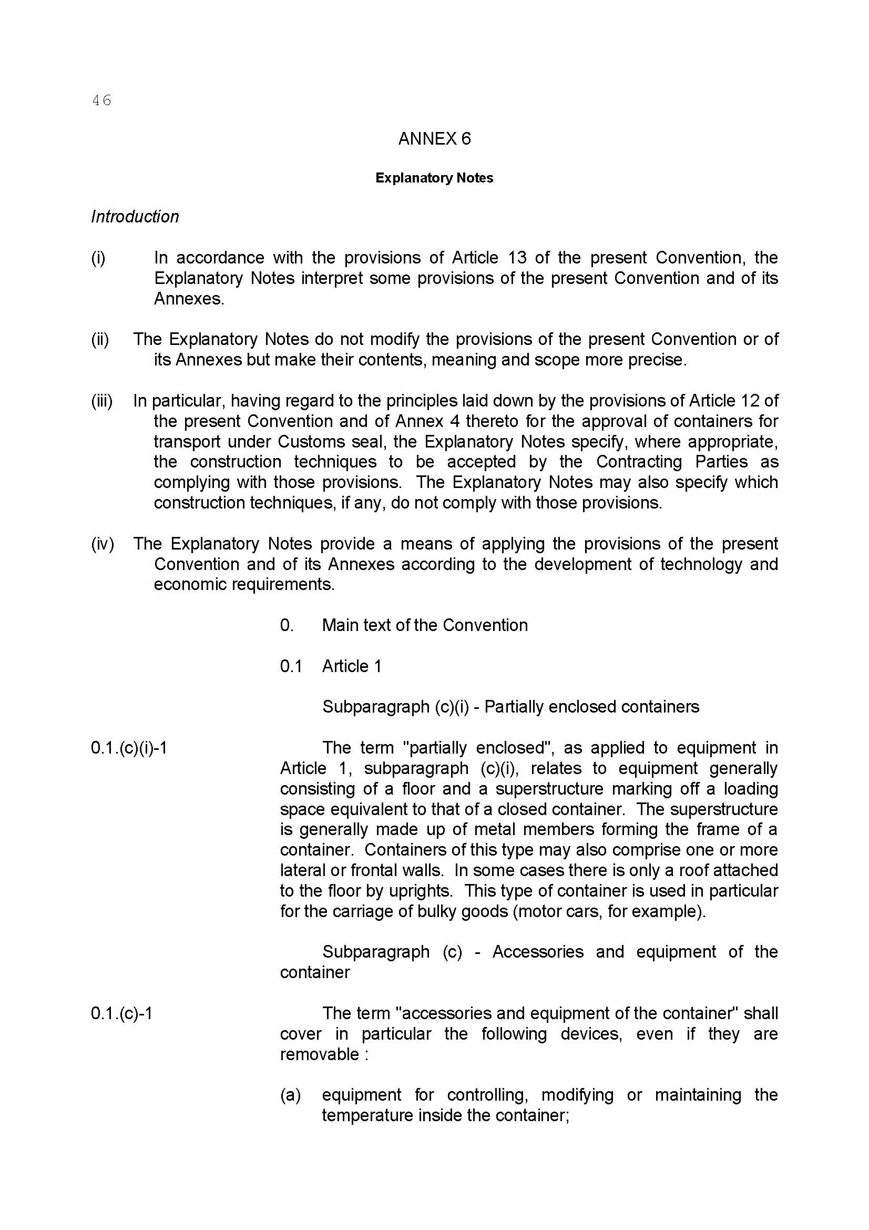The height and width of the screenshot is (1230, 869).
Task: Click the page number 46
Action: click(x=102, y=100)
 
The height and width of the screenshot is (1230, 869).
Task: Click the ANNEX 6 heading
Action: click(x=434, y=139)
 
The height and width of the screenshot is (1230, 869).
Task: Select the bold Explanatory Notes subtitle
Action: click(x=434, y=178)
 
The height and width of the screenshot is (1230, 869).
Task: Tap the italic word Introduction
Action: click(x=135, y=217)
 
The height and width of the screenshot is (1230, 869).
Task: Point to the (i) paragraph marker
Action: click(x=98, y=258)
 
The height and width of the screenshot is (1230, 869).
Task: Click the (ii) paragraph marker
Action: click(x=99, y=339)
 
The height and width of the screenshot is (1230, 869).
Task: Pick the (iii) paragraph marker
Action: click(x=102, y=401)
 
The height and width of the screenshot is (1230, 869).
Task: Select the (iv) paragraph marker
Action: click(x=103, y=544)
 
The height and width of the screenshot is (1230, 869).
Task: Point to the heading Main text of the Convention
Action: click(x=425, y=625)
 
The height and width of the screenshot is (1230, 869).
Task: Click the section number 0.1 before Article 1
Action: click(x=291, y=666)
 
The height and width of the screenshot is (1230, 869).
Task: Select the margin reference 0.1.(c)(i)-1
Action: click(x=129, y=748)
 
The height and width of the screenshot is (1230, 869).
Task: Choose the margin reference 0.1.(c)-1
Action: click(x=121, y=1013)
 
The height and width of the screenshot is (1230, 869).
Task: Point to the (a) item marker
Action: click(x=291, y=1094)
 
